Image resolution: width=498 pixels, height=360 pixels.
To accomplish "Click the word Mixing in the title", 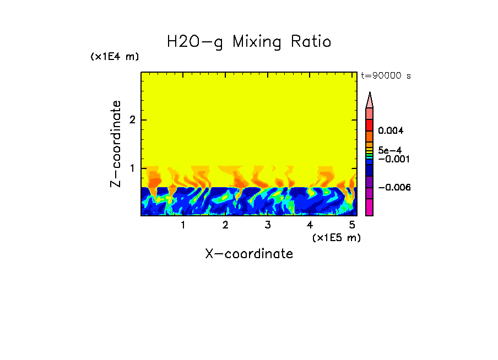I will (259, 42).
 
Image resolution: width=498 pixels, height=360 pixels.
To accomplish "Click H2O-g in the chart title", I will (195, 42).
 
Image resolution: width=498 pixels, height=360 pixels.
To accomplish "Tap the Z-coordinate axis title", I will (116, 144).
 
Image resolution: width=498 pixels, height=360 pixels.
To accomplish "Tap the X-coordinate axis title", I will (249, 254).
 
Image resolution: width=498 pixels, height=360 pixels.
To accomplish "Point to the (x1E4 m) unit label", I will (115, 56).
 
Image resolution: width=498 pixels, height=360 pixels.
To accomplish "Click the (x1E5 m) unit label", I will (336, 237).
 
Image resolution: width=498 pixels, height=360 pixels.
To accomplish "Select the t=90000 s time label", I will (386, 76).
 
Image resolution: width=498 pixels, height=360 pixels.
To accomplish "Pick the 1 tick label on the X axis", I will (183, 225).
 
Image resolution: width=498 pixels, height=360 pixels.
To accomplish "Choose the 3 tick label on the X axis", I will (267, 225).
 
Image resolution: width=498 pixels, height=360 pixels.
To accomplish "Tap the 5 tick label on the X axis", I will (352, 225).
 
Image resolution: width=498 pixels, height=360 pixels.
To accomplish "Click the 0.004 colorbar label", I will (391, 131).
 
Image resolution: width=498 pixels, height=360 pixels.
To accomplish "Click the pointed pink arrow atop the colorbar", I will (370, 100).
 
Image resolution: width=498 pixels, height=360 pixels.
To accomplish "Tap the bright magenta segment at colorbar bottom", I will (370, 207).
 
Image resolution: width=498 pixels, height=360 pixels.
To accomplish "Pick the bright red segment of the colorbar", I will (370, 124).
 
